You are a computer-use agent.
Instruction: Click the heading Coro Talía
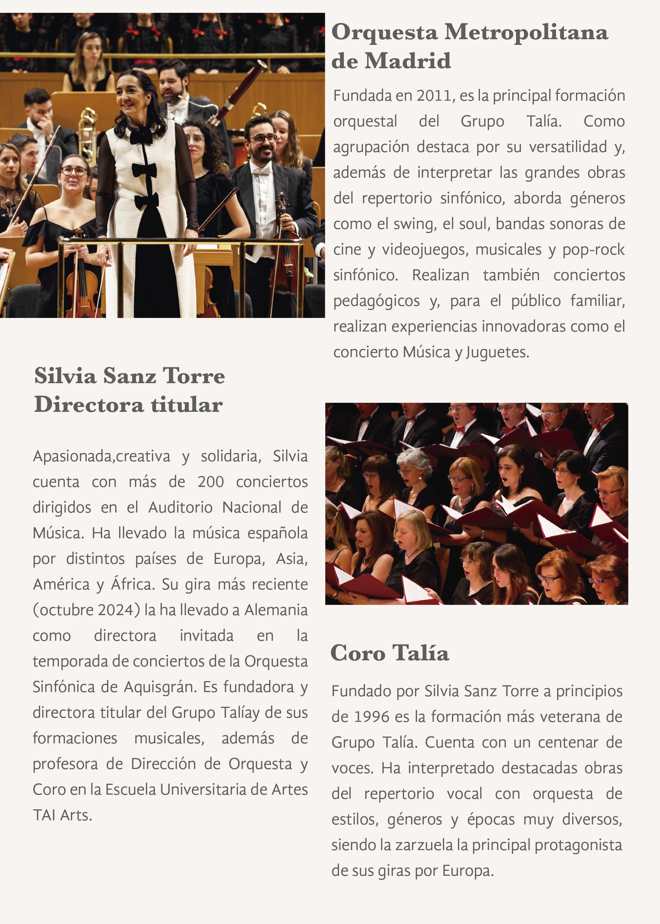point(389,653)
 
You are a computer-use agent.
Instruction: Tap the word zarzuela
point(424,845)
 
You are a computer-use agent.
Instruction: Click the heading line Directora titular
point(129,404)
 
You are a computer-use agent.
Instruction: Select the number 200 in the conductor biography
point(211,482)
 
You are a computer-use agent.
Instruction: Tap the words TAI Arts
point(62,815)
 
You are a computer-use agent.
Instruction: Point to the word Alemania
point(276,610)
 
